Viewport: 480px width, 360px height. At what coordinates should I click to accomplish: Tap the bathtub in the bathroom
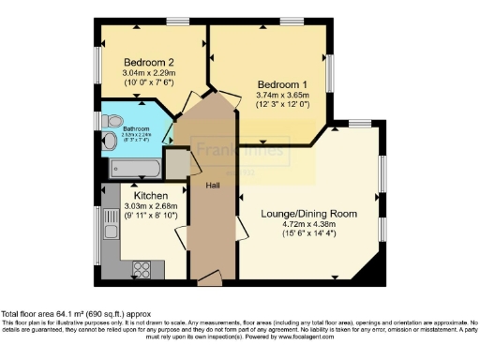pos(134,169)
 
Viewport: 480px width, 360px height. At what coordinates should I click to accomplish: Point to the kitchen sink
pos(105,228)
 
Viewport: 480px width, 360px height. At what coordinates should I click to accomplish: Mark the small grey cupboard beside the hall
pos(178,160)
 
